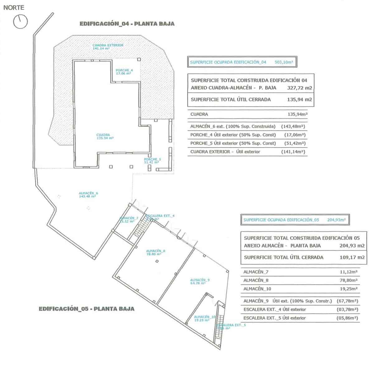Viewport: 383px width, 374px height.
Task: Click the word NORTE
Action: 13,8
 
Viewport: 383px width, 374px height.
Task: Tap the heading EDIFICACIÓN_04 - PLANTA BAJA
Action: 127,24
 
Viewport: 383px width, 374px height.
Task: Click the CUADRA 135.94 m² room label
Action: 105,136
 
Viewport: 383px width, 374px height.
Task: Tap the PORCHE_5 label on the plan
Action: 152,161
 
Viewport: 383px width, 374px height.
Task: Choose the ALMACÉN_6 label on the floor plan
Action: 88,194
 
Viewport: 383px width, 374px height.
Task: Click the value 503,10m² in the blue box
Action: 284,62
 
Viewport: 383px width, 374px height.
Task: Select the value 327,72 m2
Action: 299,88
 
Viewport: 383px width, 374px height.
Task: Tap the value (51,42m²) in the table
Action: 295,143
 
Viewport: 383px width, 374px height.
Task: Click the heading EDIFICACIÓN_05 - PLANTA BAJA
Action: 87,309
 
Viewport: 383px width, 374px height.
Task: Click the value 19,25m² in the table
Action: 349,289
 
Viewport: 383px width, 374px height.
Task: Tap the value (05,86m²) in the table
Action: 347,318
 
